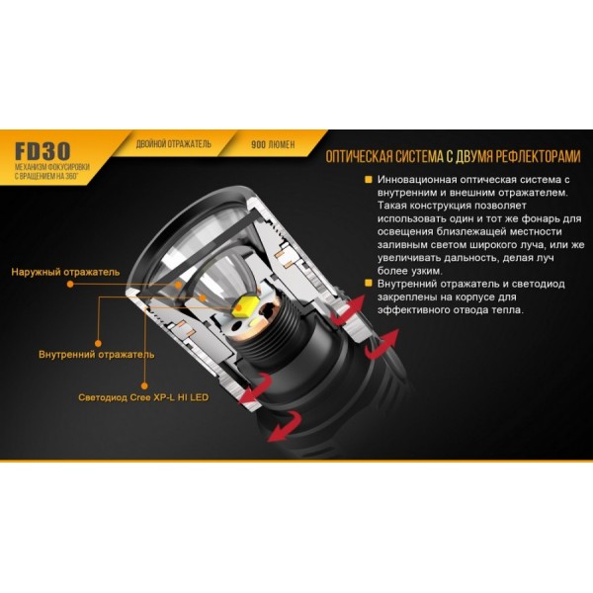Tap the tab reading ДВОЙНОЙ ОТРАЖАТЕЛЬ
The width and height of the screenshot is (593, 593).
[173, 143]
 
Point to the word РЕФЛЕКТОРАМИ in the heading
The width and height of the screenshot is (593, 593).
[533, 156]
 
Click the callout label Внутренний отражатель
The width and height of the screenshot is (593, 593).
[96, 353]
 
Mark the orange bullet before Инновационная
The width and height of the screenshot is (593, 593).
[368, 180]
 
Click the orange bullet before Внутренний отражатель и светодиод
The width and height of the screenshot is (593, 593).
[368, 285]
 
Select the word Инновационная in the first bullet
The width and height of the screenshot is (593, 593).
[419, 180]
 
